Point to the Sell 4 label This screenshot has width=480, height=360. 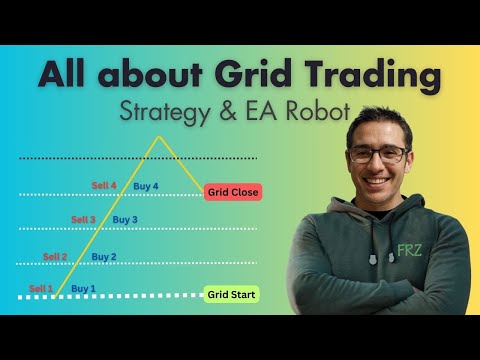(104, 186)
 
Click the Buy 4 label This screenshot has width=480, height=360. (146, 186)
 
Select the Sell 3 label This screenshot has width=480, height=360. (84, 220)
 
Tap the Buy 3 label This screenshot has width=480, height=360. (125, 220)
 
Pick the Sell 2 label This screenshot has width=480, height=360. (55, 257)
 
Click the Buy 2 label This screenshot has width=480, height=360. (104, 257)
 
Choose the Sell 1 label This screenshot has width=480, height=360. (41, 289)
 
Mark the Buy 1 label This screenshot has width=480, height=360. (84, 289)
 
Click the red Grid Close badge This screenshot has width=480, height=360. (232, 192)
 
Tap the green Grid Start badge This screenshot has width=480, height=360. (232, 294)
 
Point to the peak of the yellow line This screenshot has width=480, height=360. (155, 136)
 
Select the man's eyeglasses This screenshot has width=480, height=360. (380, 154)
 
